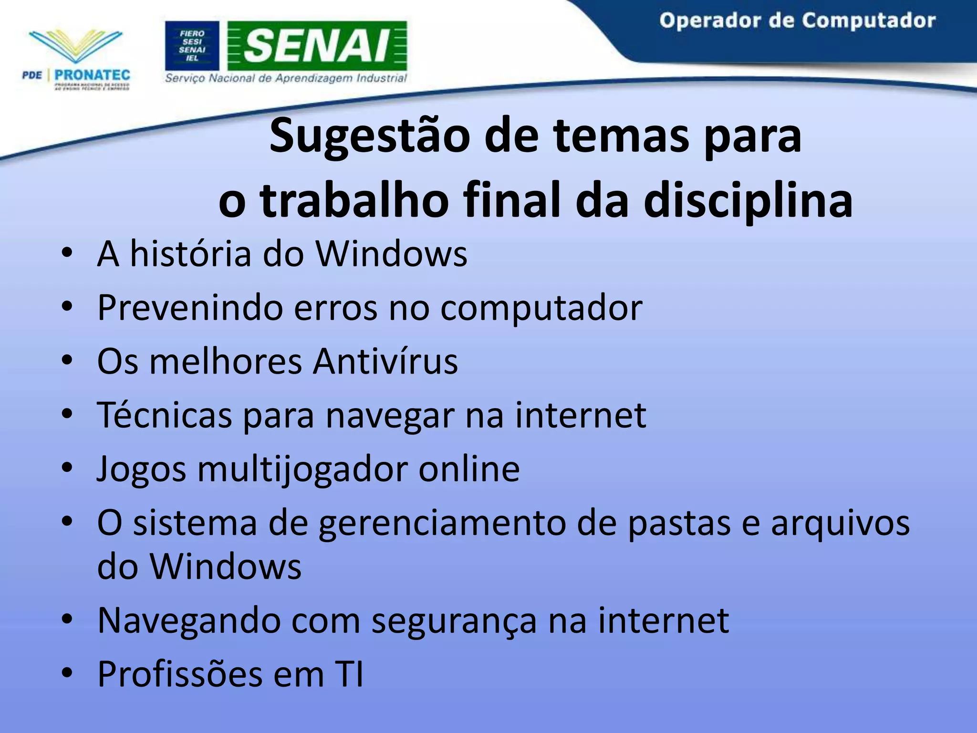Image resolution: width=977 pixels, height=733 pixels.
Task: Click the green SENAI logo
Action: click(x=317, y=46)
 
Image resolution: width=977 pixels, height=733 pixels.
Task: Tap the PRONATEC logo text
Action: click(x=92, y=75)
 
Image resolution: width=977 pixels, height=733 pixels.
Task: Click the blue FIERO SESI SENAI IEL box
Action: click(x=192, y=46)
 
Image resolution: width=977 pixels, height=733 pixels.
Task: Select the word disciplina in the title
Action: click(x=748, y=200)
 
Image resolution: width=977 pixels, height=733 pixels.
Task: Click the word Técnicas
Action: click(x=165, y=415)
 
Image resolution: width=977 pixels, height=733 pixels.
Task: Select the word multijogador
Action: click(x=302, y=470)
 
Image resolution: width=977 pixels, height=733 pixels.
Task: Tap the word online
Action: click(x=469, y=470)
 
